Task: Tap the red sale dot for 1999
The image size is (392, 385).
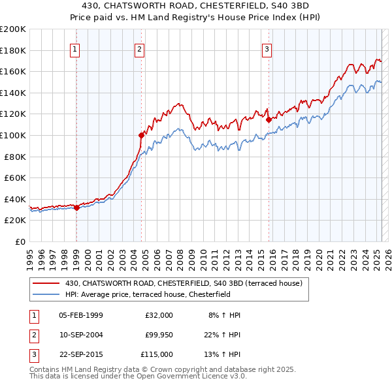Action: [x=76, y=208]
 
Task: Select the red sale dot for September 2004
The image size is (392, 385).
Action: [x=141, y=136]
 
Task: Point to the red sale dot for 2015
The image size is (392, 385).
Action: [x=269, y=119]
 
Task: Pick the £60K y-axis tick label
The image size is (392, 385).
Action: [x=15, y=177]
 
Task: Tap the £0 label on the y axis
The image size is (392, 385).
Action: [x=20, y=241]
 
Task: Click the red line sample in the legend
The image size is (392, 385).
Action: [x=46, y=284]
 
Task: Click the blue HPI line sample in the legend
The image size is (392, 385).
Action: [x=46, y=294]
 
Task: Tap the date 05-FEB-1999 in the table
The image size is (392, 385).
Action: [x=80, y=315]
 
